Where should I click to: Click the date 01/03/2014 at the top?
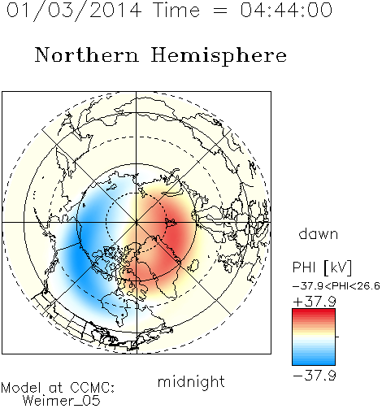coord(74,11)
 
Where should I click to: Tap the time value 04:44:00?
coord(286,10)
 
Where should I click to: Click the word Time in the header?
coord(176,10)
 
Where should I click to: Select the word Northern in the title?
coord(87,54)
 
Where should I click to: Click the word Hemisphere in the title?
coord(219,56)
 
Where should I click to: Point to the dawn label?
coord(319,233)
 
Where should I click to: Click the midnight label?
coord(191,381)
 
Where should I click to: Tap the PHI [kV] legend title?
coord(322,267)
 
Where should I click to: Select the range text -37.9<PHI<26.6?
coord(336,286)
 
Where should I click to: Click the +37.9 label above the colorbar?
coord(315,302)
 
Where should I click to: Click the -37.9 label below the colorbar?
coord(315,376)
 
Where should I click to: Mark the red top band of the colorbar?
coord(314,311)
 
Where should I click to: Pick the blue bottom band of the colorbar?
coord(314,362)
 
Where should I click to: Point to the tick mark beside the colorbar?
coord(337,337)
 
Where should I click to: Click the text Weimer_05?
coord(62,401)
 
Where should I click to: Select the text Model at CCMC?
coord(58,388)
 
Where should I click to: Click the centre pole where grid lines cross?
coord(137,222)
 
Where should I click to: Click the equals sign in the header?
coord(220,11)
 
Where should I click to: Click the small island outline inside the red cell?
coord(171,223)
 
